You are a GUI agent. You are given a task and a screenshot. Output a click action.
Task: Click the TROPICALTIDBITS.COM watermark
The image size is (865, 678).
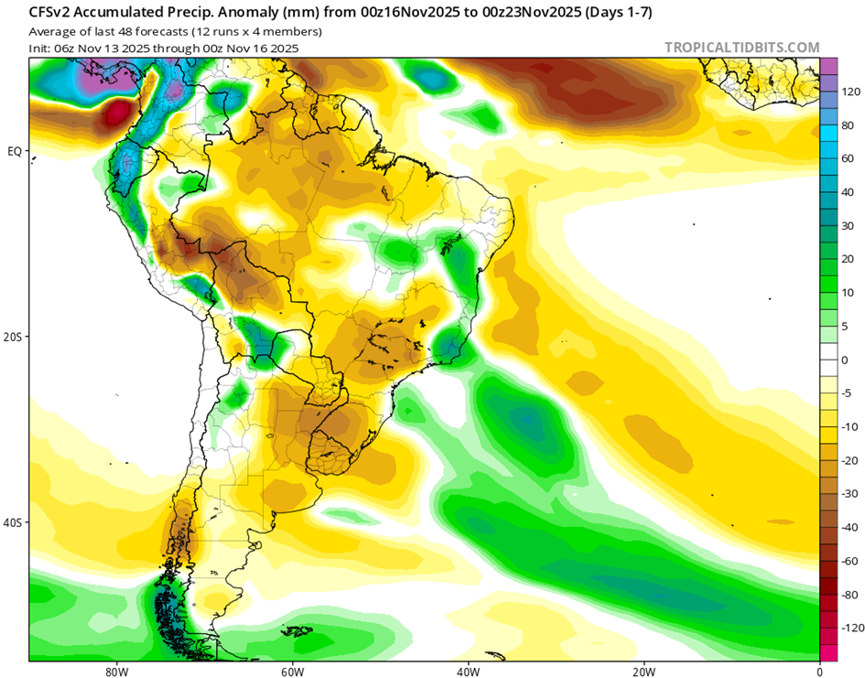click(x=741, y=48)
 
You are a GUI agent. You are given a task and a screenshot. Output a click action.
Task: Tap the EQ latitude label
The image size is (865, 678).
click(x=15, y=151)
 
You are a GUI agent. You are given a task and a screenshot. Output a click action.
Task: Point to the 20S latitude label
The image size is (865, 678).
click(x=14, y=337)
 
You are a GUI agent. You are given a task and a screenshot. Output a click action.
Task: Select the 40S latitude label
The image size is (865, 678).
click(x=14, y=522)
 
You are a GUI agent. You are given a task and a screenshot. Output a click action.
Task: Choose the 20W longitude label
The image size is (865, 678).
click(x=643, y=669)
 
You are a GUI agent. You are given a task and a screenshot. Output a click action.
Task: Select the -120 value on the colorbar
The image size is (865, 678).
click(x=853, y=628)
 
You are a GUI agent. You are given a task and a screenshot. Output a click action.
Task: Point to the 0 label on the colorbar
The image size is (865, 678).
click(x=844, y=360)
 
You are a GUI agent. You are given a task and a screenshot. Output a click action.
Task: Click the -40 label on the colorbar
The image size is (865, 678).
click(x=850, y=527)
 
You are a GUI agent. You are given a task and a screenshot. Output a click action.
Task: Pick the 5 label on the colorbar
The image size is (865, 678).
click(x=844, y=327)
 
